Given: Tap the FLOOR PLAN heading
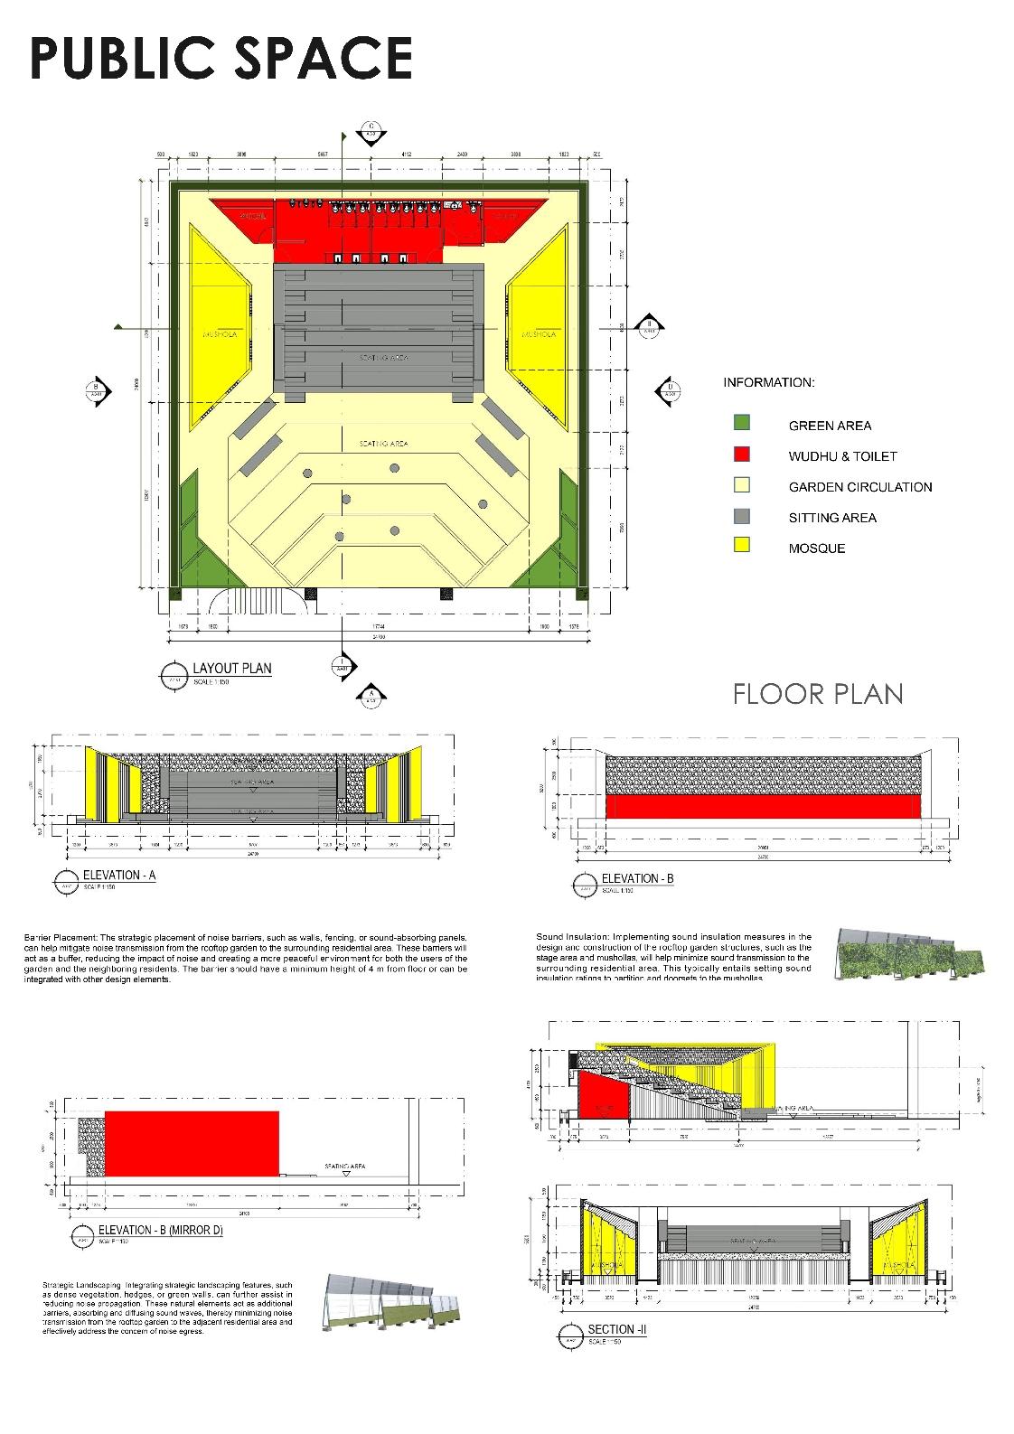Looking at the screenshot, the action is click(818, 693).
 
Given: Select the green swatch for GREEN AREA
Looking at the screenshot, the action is click(742, 423).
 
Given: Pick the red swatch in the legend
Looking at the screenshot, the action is click(742, 454).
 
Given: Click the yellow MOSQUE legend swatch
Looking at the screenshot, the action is click(742, 545).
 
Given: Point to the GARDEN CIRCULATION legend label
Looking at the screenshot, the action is click(859, 487).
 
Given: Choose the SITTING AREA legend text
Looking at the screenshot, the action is click(831, 518).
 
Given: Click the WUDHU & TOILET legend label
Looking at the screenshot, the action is click(842, 456).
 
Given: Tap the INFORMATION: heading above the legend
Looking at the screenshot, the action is click(768, 382).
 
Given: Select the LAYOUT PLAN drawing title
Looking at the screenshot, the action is click(231, 669).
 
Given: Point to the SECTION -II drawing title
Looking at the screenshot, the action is click(616, 1329).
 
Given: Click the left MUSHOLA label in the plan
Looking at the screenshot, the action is click(221, 334).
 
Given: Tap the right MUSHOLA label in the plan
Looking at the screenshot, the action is click(539, 334).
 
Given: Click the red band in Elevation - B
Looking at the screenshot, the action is click(763, 806).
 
